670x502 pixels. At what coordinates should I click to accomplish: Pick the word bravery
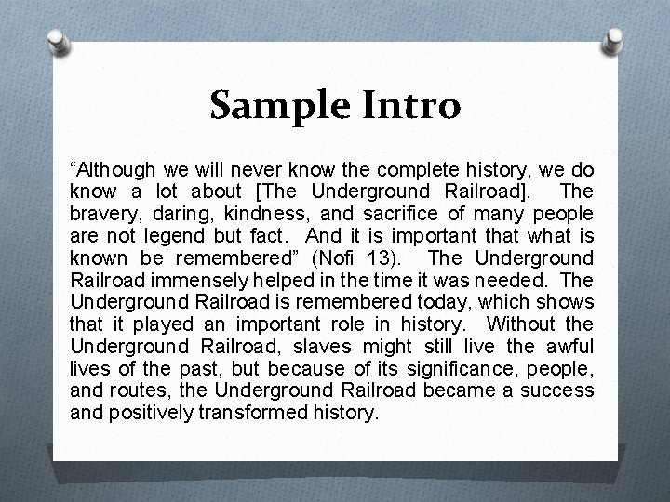(100, 214)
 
